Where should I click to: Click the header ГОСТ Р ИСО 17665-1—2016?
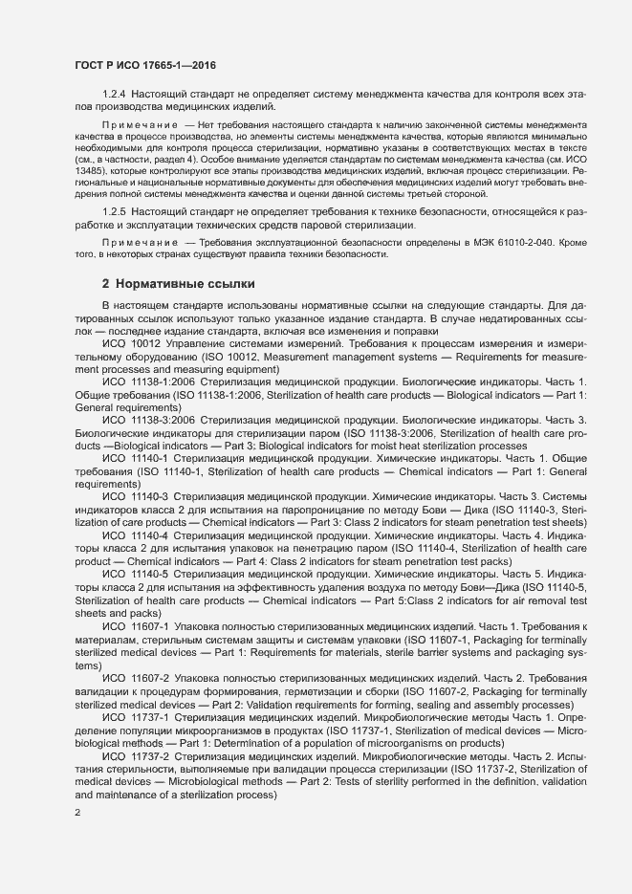tap(145, 66)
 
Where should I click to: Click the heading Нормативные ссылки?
tap(177, 283)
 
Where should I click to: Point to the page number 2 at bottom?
tap(77, 813)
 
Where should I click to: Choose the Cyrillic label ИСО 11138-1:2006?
tap(148, 380)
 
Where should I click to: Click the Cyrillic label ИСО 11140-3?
tap(136, 495)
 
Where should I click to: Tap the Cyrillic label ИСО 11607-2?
tap(136, 676)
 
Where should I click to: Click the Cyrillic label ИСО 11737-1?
tap(136, 715)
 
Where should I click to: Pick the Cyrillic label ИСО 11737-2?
tap(136, 754)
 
